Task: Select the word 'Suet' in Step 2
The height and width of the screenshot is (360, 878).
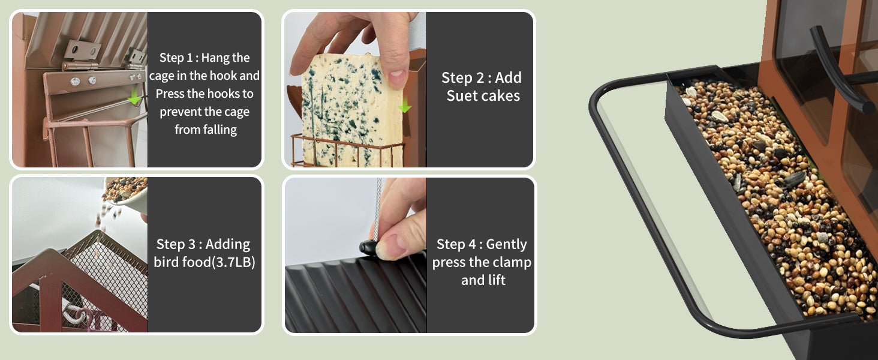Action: (x=462, y=95)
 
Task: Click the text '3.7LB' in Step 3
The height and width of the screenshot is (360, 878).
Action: (x=234, y=262)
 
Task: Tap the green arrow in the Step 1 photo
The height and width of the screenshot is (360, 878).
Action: (x=134, y=97)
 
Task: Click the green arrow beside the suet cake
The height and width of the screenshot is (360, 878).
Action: (x=404, y=105)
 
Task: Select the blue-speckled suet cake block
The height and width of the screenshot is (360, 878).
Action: (x=351, y=110)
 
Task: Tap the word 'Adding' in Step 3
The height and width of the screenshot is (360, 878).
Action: (x=228, y=245)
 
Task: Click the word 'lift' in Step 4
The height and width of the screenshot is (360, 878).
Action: (x=497, y=280)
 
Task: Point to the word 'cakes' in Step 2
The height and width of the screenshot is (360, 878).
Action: (x=502, y=95)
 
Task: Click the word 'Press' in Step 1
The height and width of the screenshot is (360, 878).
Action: (x=170, y=94)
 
